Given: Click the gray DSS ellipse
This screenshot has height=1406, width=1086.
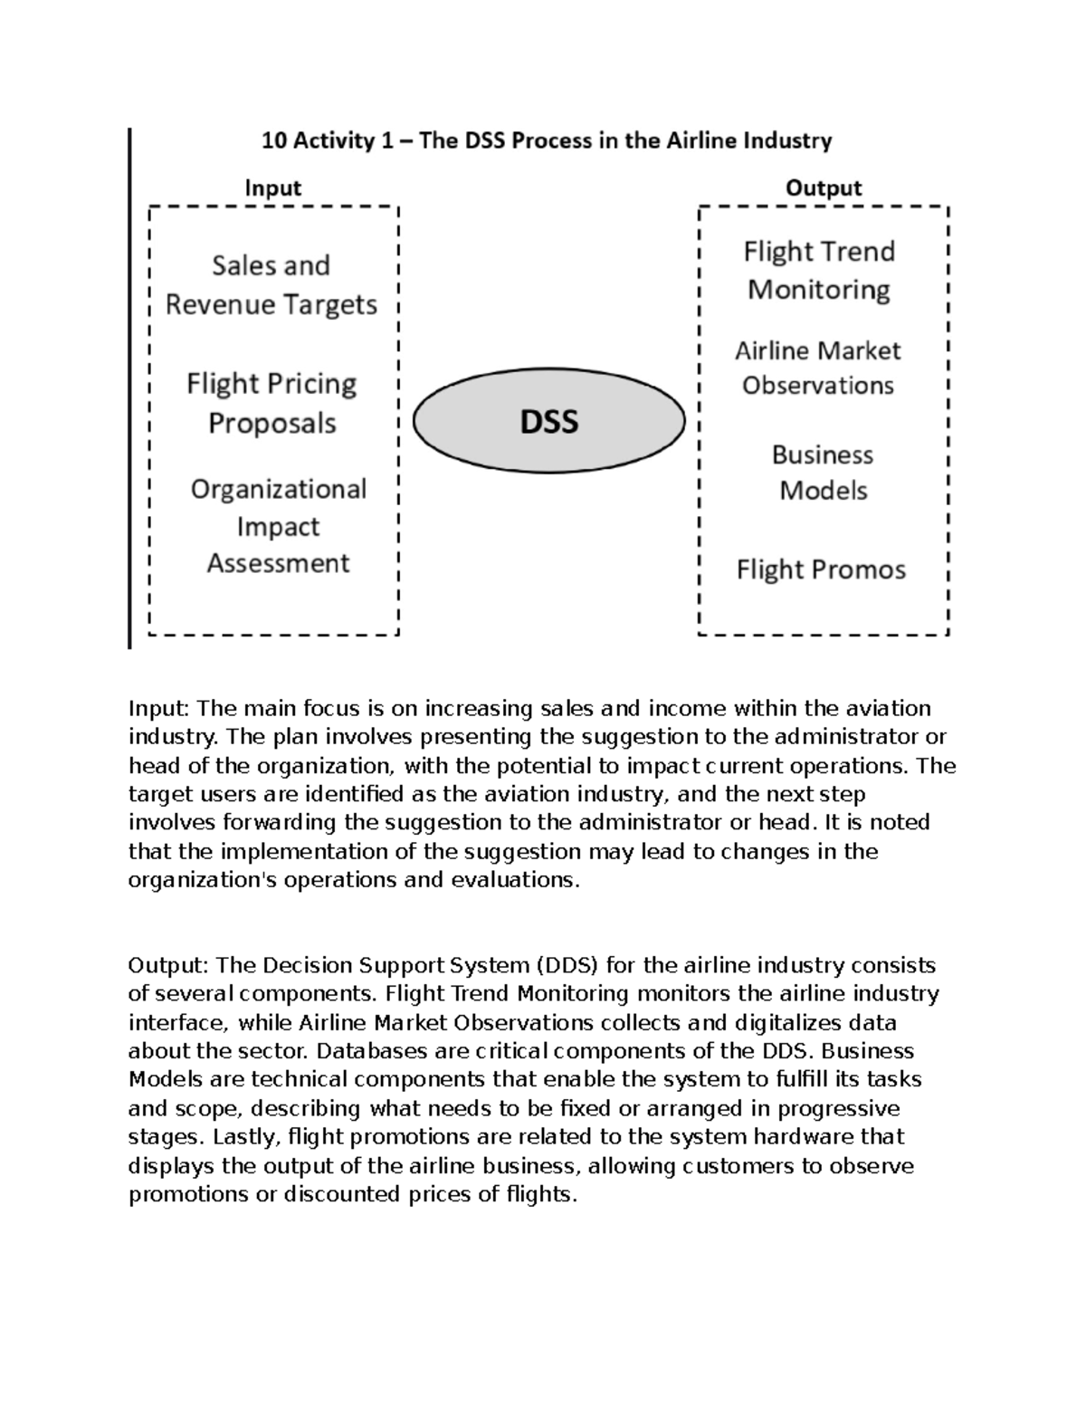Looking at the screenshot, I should pos(548,422).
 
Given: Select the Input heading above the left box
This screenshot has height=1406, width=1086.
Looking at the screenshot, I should pos(272,188).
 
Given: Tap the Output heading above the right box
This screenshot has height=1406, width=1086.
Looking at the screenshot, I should pos(823,188).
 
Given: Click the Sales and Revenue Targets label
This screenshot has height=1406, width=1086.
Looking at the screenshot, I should pos(271,285).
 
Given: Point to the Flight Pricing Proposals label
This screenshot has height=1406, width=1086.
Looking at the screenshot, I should pos(271,403).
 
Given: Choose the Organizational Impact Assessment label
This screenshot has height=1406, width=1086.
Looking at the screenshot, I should pos(278,526).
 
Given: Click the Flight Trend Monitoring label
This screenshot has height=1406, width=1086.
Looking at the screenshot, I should pos(819,270).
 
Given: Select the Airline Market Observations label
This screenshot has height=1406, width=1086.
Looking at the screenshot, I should pos(818,368).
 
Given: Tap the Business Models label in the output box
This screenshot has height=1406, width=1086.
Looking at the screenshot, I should pos(823,473).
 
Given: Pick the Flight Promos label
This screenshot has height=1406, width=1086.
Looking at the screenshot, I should pos(821,569).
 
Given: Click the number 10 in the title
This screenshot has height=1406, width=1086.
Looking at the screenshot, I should pos(272,141).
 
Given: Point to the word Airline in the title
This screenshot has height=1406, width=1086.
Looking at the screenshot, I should pos(701,141).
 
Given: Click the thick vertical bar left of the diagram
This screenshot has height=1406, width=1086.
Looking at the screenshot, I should pos(130,389).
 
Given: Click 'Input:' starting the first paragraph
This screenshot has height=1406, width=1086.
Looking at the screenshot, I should pos(159,709).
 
